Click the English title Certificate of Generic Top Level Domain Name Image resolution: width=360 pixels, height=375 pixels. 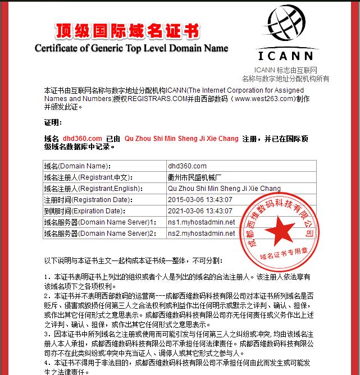131,48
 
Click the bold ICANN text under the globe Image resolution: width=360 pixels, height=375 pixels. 286,56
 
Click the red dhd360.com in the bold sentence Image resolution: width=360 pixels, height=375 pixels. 82,138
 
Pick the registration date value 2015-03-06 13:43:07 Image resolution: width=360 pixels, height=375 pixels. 200,200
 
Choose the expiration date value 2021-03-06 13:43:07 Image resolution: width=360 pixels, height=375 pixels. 200,211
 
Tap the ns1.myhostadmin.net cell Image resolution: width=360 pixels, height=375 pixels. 201,222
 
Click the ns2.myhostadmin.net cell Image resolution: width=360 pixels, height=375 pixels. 201,234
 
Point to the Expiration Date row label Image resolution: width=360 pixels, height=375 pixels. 83,211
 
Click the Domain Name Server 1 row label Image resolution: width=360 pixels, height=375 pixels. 99,222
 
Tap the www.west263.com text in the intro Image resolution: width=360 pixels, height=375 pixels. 265,98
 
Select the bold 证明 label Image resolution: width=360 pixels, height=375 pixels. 53,122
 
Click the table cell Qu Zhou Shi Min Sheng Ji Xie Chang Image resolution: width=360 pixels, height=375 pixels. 224,189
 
